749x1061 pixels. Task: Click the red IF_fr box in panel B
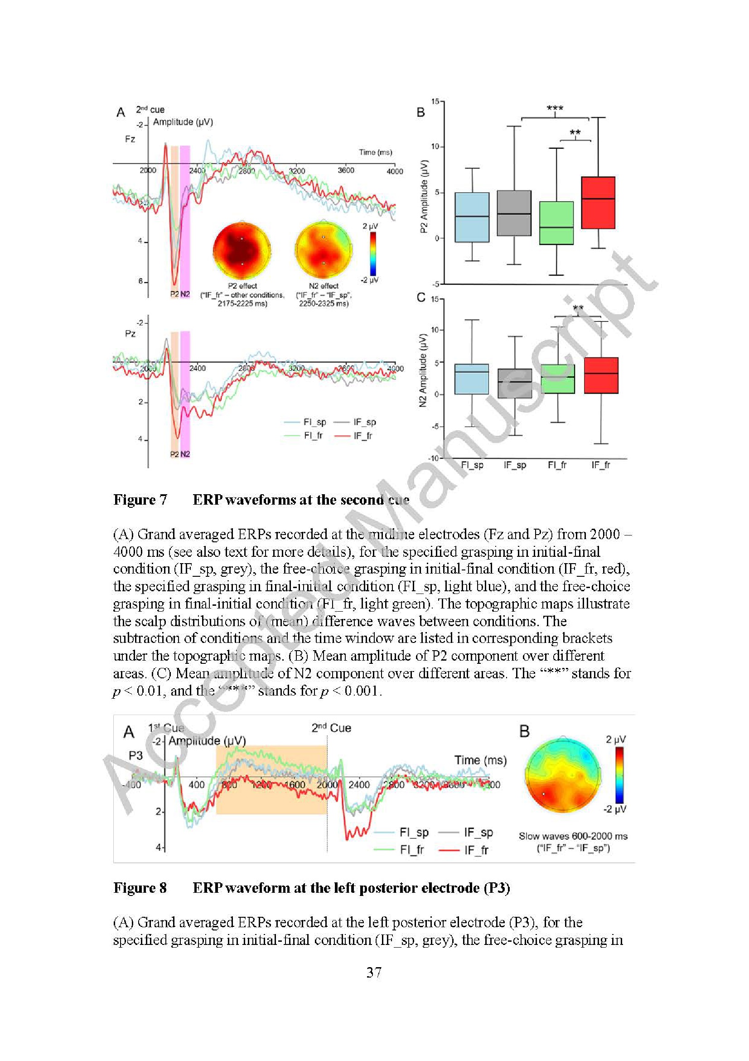[x=598, y=202]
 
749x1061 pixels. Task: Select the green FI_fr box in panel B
[x=556, y=223]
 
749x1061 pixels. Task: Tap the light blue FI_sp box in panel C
[x=472, y=379]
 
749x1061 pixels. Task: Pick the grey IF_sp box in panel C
[x=515, y=383]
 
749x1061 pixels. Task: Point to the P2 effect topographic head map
[x=242, y=251]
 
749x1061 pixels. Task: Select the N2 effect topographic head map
[x=324, y=251]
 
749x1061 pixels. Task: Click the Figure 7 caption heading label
[x=140, y=500]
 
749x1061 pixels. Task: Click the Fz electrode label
[x=130, y=139]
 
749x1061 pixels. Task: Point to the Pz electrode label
[x=130, y=333]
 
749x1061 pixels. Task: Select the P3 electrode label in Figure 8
[x=135, y=755]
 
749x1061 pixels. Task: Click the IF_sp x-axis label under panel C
[x=515, y=465]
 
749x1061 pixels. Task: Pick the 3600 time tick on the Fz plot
[x=345, y=170]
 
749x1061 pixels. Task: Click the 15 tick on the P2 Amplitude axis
[x=435, y=101]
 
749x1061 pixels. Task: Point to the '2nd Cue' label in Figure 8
[x=331, y=728]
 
